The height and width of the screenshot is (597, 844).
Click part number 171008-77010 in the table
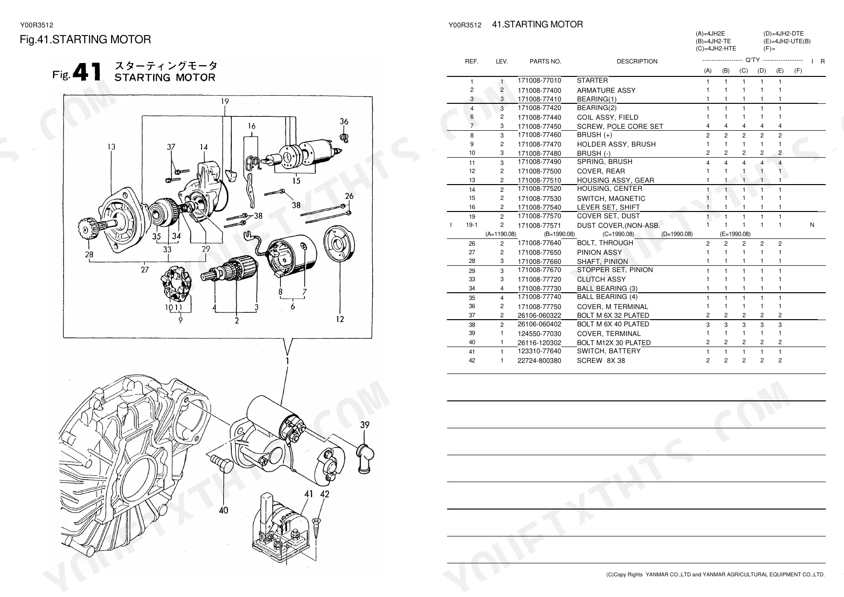coord(539,81)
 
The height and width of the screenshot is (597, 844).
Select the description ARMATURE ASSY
coord(606,90)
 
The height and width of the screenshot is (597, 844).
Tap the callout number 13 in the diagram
coord(111,147)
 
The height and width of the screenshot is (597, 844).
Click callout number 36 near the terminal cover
coord(344,122)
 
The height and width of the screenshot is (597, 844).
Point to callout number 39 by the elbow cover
coord(365,424)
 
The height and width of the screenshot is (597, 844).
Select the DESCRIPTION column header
coord(637,62)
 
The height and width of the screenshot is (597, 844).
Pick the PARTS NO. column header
coord(545,62)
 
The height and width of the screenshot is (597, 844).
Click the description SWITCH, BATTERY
coord(609,351)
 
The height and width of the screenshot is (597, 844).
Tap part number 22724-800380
coord(539,361)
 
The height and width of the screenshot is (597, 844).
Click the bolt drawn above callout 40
coord(222,464)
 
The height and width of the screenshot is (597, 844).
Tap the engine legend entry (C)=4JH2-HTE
coord(716,49)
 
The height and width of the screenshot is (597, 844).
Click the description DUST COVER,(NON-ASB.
coord(618,225)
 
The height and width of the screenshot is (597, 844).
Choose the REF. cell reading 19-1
coord(472,225)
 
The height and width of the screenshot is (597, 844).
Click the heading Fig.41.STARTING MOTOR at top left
coord(85,40)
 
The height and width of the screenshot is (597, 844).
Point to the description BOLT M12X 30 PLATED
coord(614,343)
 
